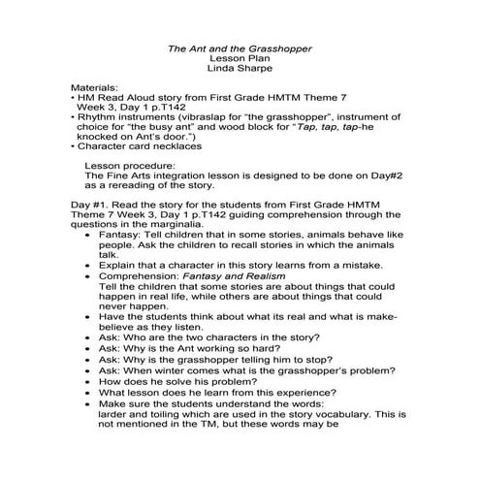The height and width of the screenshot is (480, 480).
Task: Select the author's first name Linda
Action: point(222,69)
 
